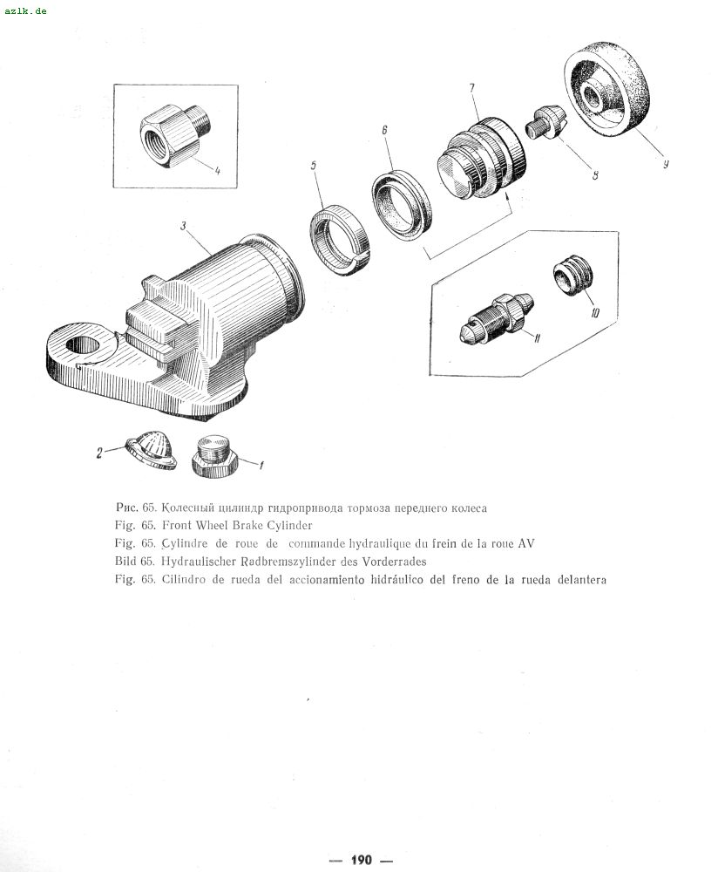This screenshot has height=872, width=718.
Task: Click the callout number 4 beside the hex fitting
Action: click(x=217, y=171)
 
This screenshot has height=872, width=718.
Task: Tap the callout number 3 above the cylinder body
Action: click(x=183, y=226)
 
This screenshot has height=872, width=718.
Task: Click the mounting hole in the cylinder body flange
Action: click(x=83, y=344)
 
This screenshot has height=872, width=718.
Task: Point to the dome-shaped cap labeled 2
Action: click(x=151, y=450)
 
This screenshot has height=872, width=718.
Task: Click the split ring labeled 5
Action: click(x=339, y=241)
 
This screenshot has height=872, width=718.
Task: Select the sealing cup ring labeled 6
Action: click(x=401, y=206)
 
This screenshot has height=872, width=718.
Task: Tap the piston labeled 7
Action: click(x=481, y=158)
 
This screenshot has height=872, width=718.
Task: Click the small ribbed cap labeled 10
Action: click(x=573, y=276)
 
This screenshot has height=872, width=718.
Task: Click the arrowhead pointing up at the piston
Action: click(x=506, y=196)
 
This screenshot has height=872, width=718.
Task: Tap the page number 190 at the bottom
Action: click(x=362, y=860)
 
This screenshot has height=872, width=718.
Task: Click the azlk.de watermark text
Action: click(x=25, y=11)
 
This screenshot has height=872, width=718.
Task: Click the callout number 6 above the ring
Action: click(x=384, y=130)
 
